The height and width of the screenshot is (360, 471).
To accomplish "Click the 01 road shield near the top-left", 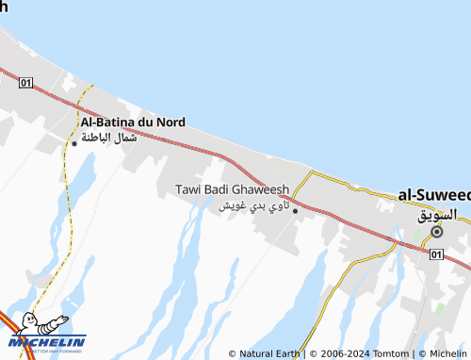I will coord(25,83).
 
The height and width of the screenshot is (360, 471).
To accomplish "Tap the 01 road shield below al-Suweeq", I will coord(434,254).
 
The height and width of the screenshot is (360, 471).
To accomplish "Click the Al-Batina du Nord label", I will coord(133,122).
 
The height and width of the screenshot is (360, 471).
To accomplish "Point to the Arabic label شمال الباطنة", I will coord(109,138).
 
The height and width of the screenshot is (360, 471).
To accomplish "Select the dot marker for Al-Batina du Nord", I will coord(74,143).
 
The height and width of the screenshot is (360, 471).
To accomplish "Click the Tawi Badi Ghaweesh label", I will coord(233,189).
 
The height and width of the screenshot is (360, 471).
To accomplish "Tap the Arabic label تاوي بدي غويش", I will coord(253,205).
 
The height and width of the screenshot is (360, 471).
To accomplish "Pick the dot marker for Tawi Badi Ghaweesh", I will coord(295,210).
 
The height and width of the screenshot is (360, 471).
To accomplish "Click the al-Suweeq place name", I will coord(434,194).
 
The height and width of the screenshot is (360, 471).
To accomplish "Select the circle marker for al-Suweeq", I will coord(437,231).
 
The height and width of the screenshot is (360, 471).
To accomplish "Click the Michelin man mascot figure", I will coord(30,325).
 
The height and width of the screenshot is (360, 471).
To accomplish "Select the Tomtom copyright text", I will coord(389,353).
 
